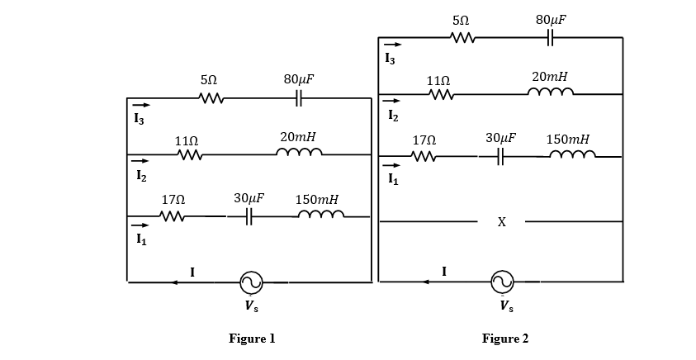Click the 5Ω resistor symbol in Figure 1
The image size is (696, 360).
[x=211, y=99]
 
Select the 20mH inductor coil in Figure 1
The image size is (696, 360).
[x=298, y=154]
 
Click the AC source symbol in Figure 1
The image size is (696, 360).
[x=252, y=282]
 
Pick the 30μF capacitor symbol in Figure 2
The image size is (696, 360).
[x=500, y=157]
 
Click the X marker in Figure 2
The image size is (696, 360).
[x=501, y=222]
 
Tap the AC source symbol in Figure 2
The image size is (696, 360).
[x=502, y=282]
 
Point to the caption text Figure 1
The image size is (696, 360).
[x=252, y=339]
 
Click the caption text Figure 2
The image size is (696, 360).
[x=505, y=339]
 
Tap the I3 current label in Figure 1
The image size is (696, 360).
[x=140, y=120]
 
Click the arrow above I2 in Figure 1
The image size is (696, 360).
[x=141, y=161]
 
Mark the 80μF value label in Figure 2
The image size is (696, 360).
[x=551, y=19]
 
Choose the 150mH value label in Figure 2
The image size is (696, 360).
[x=568, y=139]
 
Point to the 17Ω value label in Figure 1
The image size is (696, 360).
[x=173, y=200]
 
